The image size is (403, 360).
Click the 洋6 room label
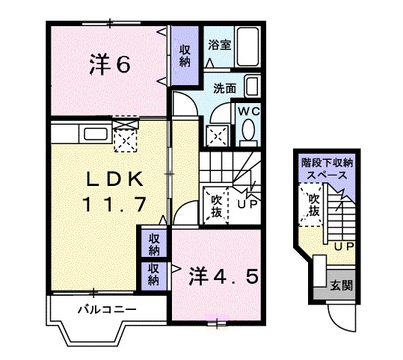click(x=110, y=65)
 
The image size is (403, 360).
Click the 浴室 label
click(x=220, y=44)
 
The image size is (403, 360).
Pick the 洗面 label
click(x=224, y=87)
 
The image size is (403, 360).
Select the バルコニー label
click(x=105, y=309)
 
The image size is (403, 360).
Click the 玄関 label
click(x=342, y=285)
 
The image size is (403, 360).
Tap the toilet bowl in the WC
click(x=248, y=133)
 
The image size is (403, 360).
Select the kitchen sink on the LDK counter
click(x=97, y=134)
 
